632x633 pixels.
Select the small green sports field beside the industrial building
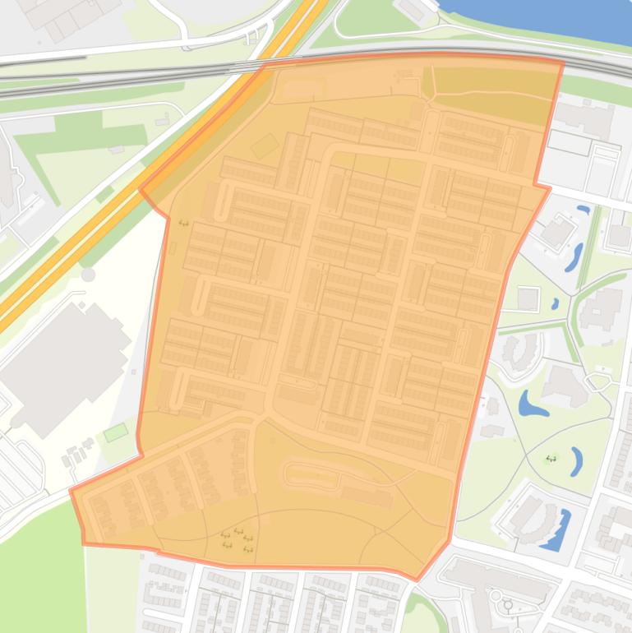pos(116,432)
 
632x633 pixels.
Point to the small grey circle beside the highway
pos(88,275)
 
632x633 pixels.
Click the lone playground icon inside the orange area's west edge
pos(183,223)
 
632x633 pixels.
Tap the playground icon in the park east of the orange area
pos(551,459)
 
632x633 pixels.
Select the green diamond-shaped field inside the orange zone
pos(264,147)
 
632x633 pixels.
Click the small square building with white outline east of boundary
pos(528,299)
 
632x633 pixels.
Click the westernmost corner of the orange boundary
pos(71,491)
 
